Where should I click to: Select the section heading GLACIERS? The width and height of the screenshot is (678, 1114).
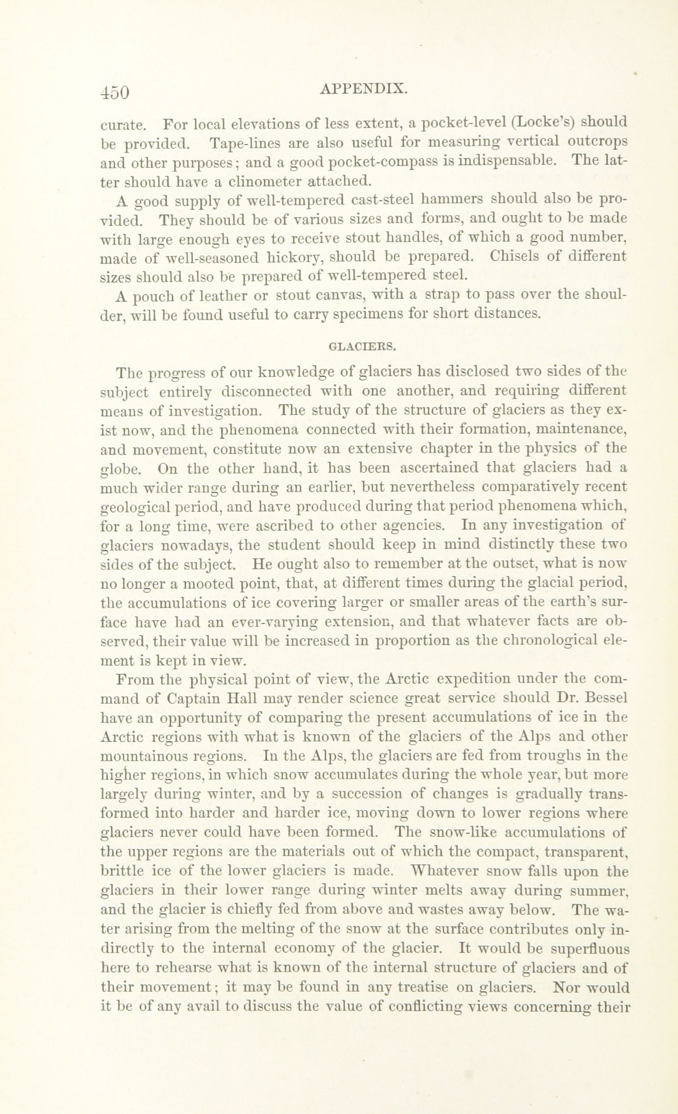(x=363, y=347)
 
